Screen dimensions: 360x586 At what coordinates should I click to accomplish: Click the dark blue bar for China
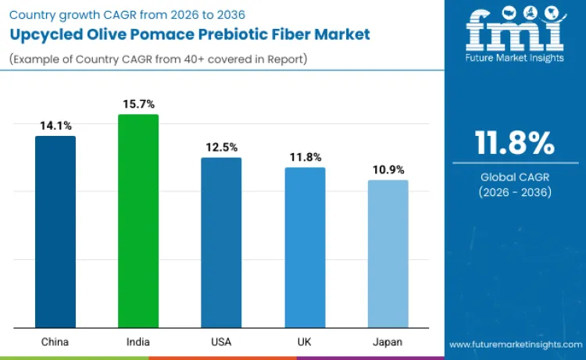click(x=55, y=232)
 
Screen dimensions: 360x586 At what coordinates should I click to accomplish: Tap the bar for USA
click(x=221, y=243)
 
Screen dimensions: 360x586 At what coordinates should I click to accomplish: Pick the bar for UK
click(x=305, y=248)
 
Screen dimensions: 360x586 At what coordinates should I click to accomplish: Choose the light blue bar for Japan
click(x=388, y=254)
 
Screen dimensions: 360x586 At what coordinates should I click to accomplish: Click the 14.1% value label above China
click(x=55, y=125)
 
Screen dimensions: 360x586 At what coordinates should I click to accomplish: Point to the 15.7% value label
click(x=138, y=104)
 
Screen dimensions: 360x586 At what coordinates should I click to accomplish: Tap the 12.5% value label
click(x=221, y=147)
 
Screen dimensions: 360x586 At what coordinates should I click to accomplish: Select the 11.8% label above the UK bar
click(x=305, y=157)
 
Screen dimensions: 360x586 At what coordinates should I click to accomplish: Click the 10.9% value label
click(x=388, y=169)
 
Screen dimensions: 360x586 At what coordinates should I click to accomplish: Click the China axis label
click(x=55, y=342)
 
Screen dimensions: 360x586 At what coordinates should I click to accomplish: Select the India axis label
click(x=138, y=342)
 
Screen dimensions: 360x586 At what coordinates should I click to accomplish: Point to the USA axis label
click(x=221, y=342)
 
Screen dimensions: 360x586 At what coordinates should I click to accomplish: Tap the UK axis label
click(x=305, y=342)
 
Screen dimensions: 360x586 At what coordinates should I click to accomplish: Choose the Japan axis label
click(x=388, y=342)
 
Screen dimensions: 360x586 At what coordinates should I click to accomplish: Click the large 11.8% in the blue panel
click(x=515, y=144)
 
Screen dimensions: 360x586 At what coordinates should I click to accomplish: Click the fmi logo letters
click(x=514, y=31)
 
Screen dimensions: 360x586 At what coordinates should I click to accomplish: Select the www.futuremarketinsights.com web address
click(x=515, y=344)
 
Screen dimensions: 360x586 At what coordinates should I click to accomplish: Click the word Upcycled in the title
click(x=48, y=35)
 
